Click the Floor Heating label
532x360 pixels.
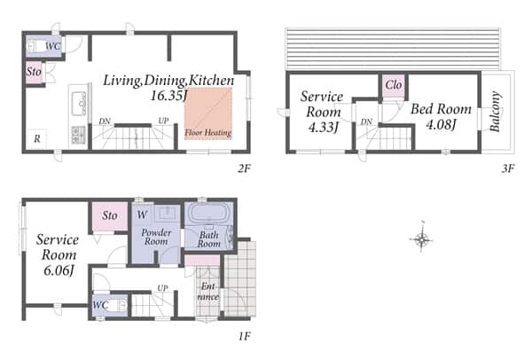point(208,132)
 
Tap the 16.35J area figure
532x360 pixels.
point(168,96)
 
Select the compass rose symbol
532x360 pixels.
point(421,239)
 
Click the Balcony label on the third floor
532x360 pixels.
point(495,112)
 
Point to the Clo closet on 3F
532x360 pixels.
point(394,85)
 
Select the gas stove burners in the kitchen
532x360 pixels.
point(78,135)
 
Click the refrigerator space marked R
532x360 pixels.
point(37,138)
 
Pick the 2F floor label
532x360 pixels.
point(244,168)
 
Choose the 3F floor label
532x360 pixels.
point(508,168)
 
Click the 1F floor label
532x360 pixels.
point(245,336)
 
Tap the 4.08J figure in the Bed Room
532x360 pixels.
point(441,125)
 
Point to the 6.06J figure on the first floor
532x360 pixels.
point(59,270)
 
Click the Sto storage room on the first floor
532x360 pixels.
point(110,215)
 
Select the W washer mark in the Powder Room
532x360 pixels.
point(142,215)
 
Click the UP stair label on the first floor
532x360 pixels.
point(162,287)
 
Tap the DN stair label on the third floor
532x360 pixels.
point(366,121)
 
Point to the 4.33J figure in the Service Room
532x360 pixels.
point(323,128)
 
